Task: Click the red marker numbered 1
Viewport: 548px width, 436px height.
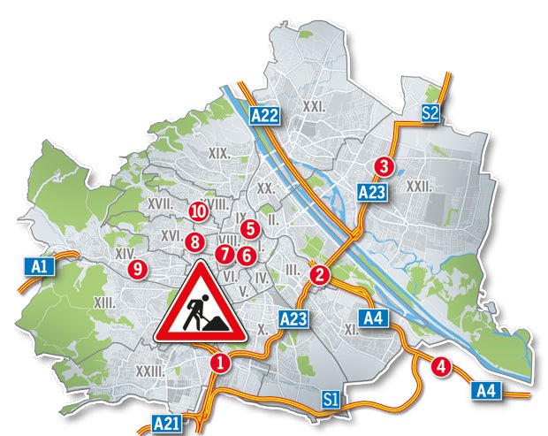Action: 219,362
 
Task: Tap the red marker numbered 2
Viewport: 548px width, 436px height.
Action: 320,275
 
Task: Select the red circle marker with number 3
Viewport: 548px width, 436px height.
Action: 384,165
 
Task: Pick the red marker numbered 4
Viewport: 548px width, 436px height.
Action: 440,364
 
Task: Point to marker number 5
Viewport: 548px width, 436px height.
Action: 249,228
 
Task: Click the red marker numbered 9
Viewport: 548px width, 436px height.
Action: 135,268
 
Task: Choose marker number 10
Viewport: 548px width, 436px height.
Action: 198,210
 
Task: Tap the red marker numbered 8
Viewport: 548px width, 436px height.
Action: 194,241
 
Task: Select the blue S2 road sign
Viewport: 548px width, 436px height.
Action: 430,112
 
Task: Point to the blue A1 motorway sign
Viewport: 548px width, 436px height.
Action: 40,265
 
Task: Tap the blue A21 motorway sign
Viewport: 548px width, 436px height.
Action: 167,423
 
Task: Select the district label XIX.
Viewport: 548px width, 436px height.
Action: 219,153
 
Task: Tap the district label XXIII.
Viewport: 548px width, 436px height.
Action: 149,371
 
